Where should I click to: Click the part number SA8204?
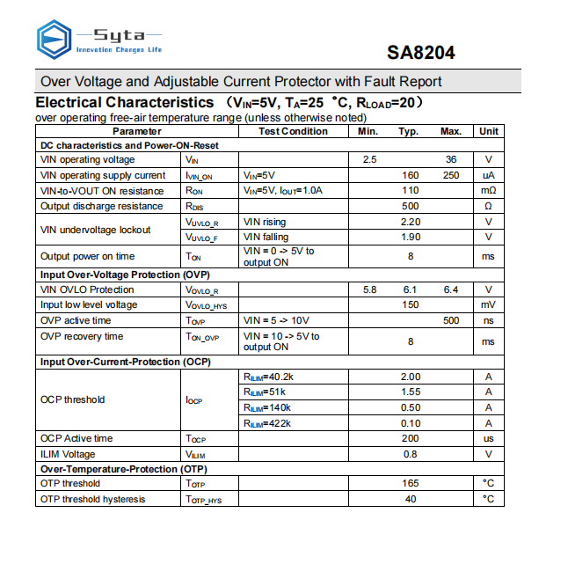pos(421,53)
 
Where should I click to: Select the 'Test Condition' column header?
pos(294,131)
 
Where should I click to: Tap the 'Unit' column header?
pos(489,131)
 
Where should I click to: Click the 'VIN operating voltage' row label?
pos(88,160)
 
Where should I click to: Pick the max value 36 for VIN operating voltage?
pos(451,160)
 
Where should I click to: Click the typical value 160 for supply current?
pos(410,175)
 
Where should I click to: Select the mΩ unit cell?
pos(489,191)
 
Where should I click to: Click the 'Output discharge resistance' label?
pos(101,206)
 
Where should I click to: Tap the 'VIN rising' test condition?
pos(265,222)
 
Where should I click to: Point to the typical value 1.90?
pos(410,237)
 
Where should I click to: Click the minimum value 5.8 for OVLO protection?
pos(369,289)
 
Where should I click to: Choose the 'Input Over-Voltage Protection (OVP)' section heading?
pos(123,275)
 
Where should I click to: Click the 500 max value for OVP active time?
pos(451,320)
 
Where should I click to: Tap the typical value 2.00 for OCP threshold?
pos(410,377)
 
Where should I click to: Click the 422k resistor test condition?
pos(266,423)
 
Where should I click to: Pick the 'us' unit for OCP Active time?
pos(489,438)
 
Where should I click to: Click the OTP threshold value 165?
pos(410,483)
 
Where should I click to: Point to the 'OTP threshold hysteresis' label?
pos(93,499)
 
